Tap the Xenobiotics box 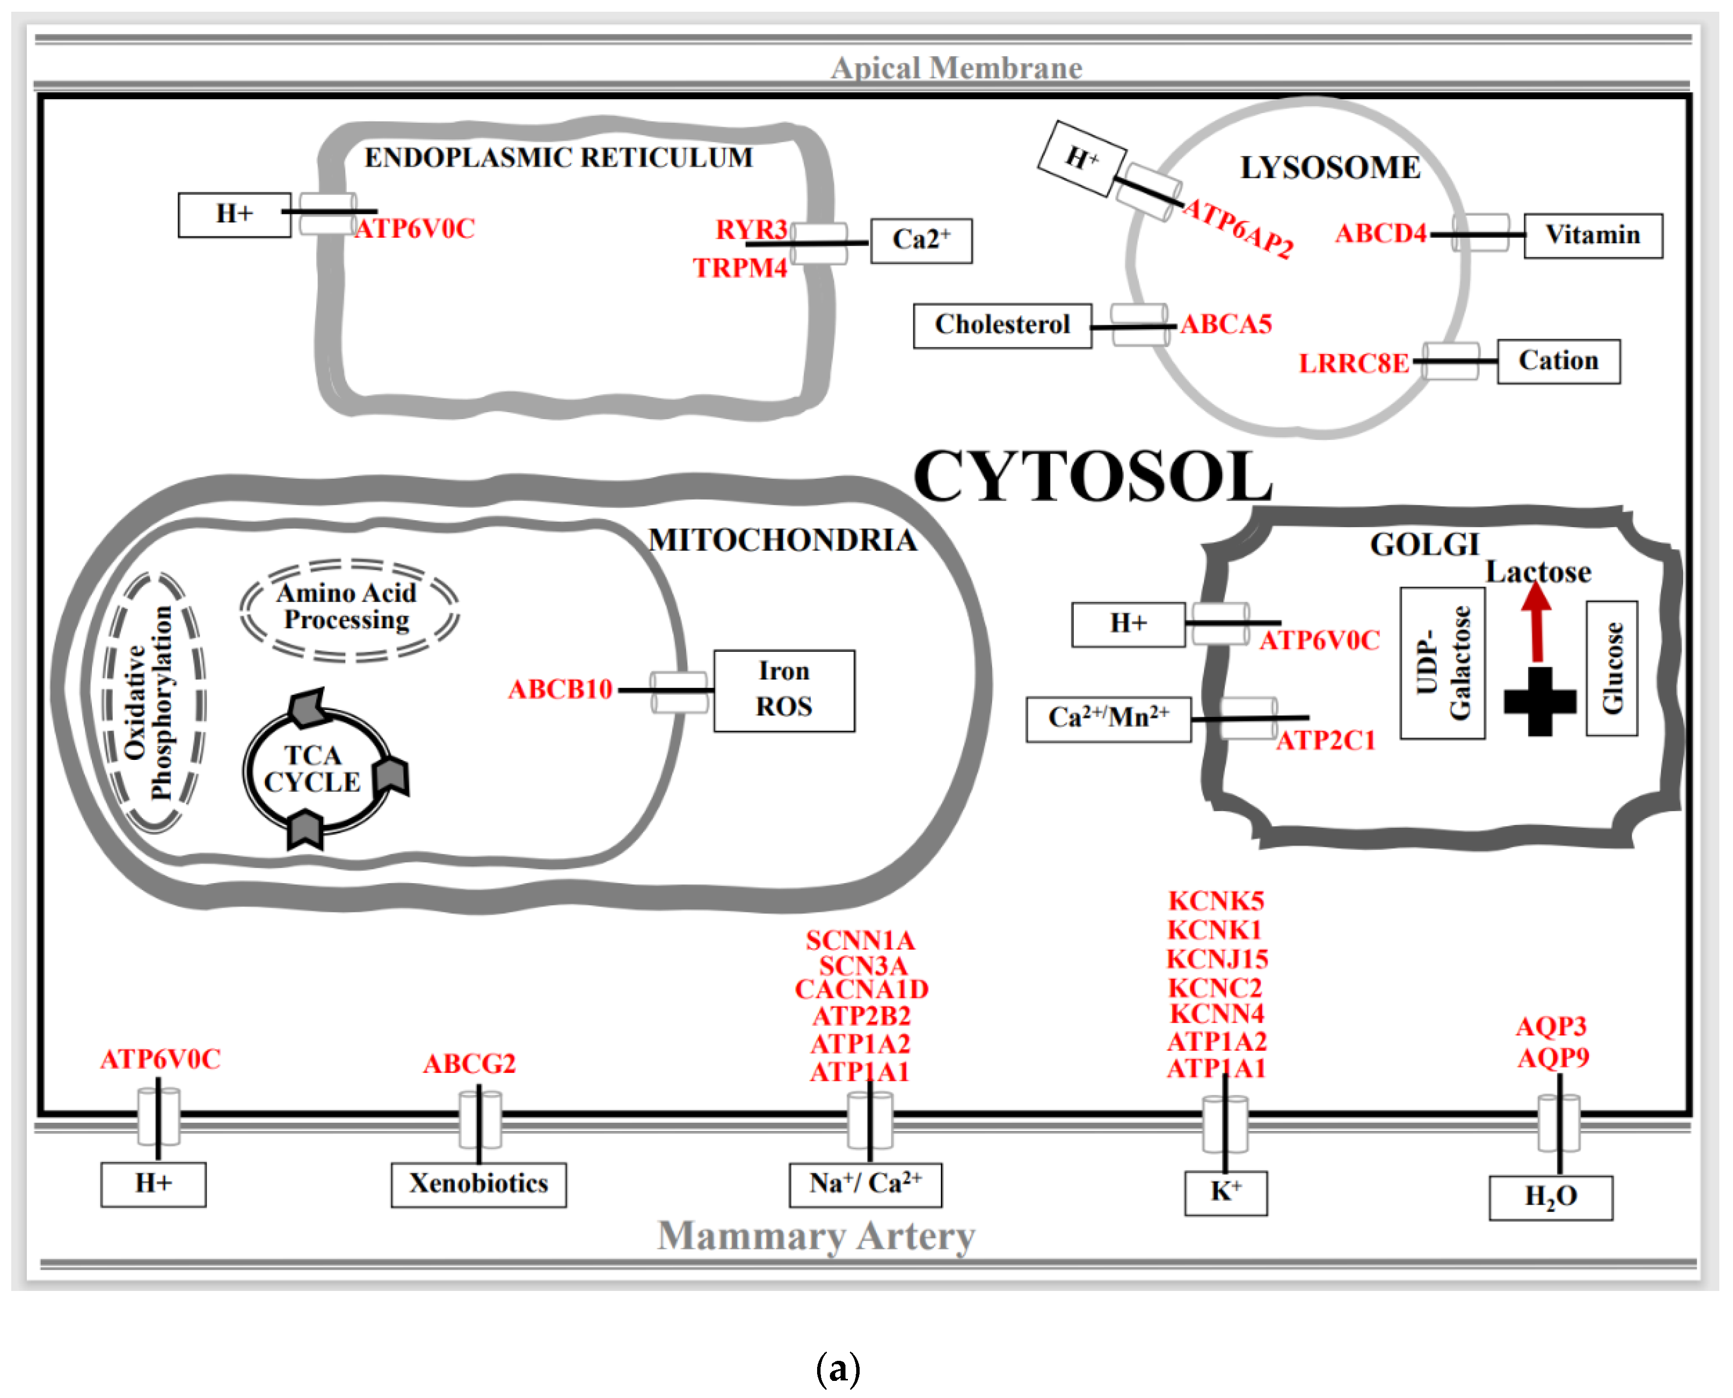point(478,1184)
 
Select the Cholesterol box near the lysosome point(1002,325)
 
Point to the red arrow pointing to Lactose point(1536,621)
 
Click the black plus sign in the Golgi point(1539,701)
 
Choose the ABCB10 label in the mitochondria point(560,689)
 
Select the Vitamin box point(1592,235)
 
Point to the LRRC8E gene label point(1354,363)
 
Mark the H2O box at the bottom point(1550,1198)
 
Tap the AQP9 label point(1553,1057)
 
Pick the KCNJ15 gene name point(1217,959)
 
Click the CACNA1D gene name point(862,989)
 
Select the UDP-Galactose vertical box point(1442,663)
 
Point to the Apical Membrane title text point(956,67)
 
